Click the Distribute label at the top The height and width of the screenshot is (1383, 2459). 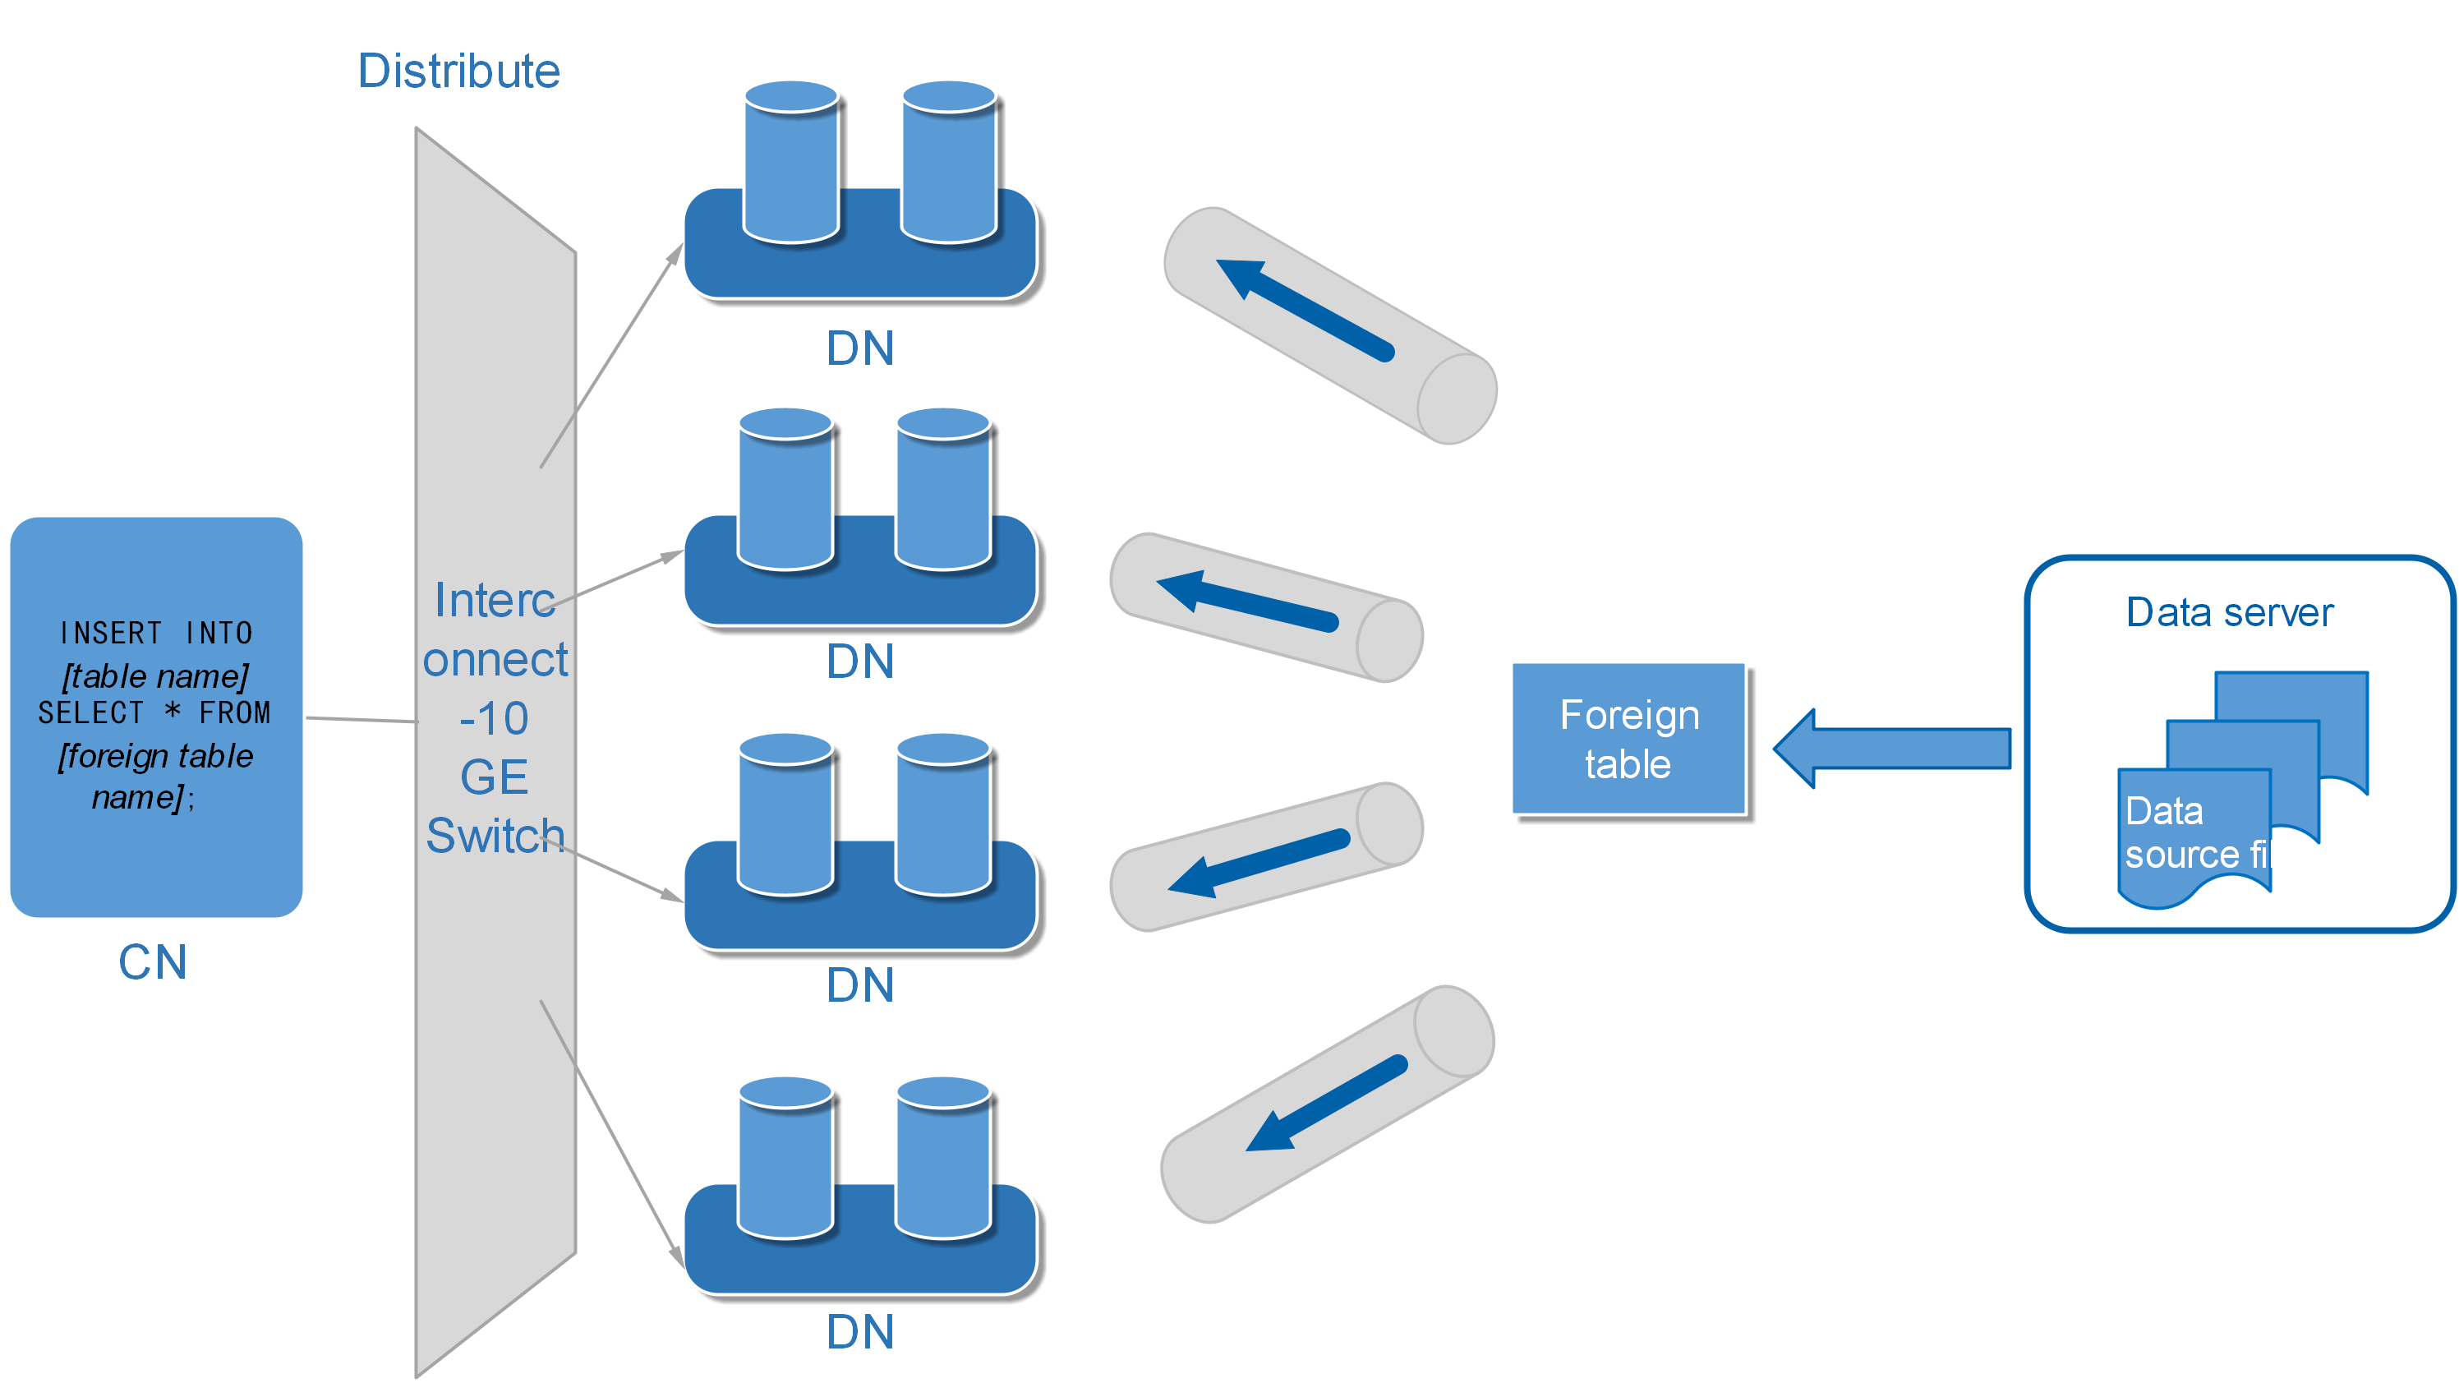(x=458, y=71)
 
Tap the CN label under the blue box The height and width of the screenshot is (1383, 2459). (x=153, y=962)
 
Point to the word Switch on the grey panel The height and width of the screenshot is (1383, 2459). (x=495, y=836)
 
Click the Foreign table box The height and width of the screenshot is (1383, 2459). (x=1628, y=739)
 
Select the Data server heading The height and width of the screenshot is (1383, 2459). (x=2229, y=613)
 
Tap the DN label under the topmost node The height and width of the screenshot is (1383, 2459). (x=860, y=348)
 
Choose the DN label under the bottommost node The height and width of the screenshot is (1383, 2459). (x=860, y=1331)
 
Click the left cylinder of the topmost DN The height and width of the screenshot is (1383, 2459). (x=791, y=162)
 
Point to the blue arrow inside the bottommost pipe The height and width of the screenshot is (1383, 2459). (x=1327, y=1103)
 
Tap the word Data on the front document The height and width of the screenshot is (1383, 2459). (x=2164, y=811)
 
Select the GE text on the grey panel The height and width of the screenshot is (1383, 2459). (x=494, y=777)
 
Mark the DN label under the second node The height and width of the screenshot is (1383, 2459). (x=860, y=662)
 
